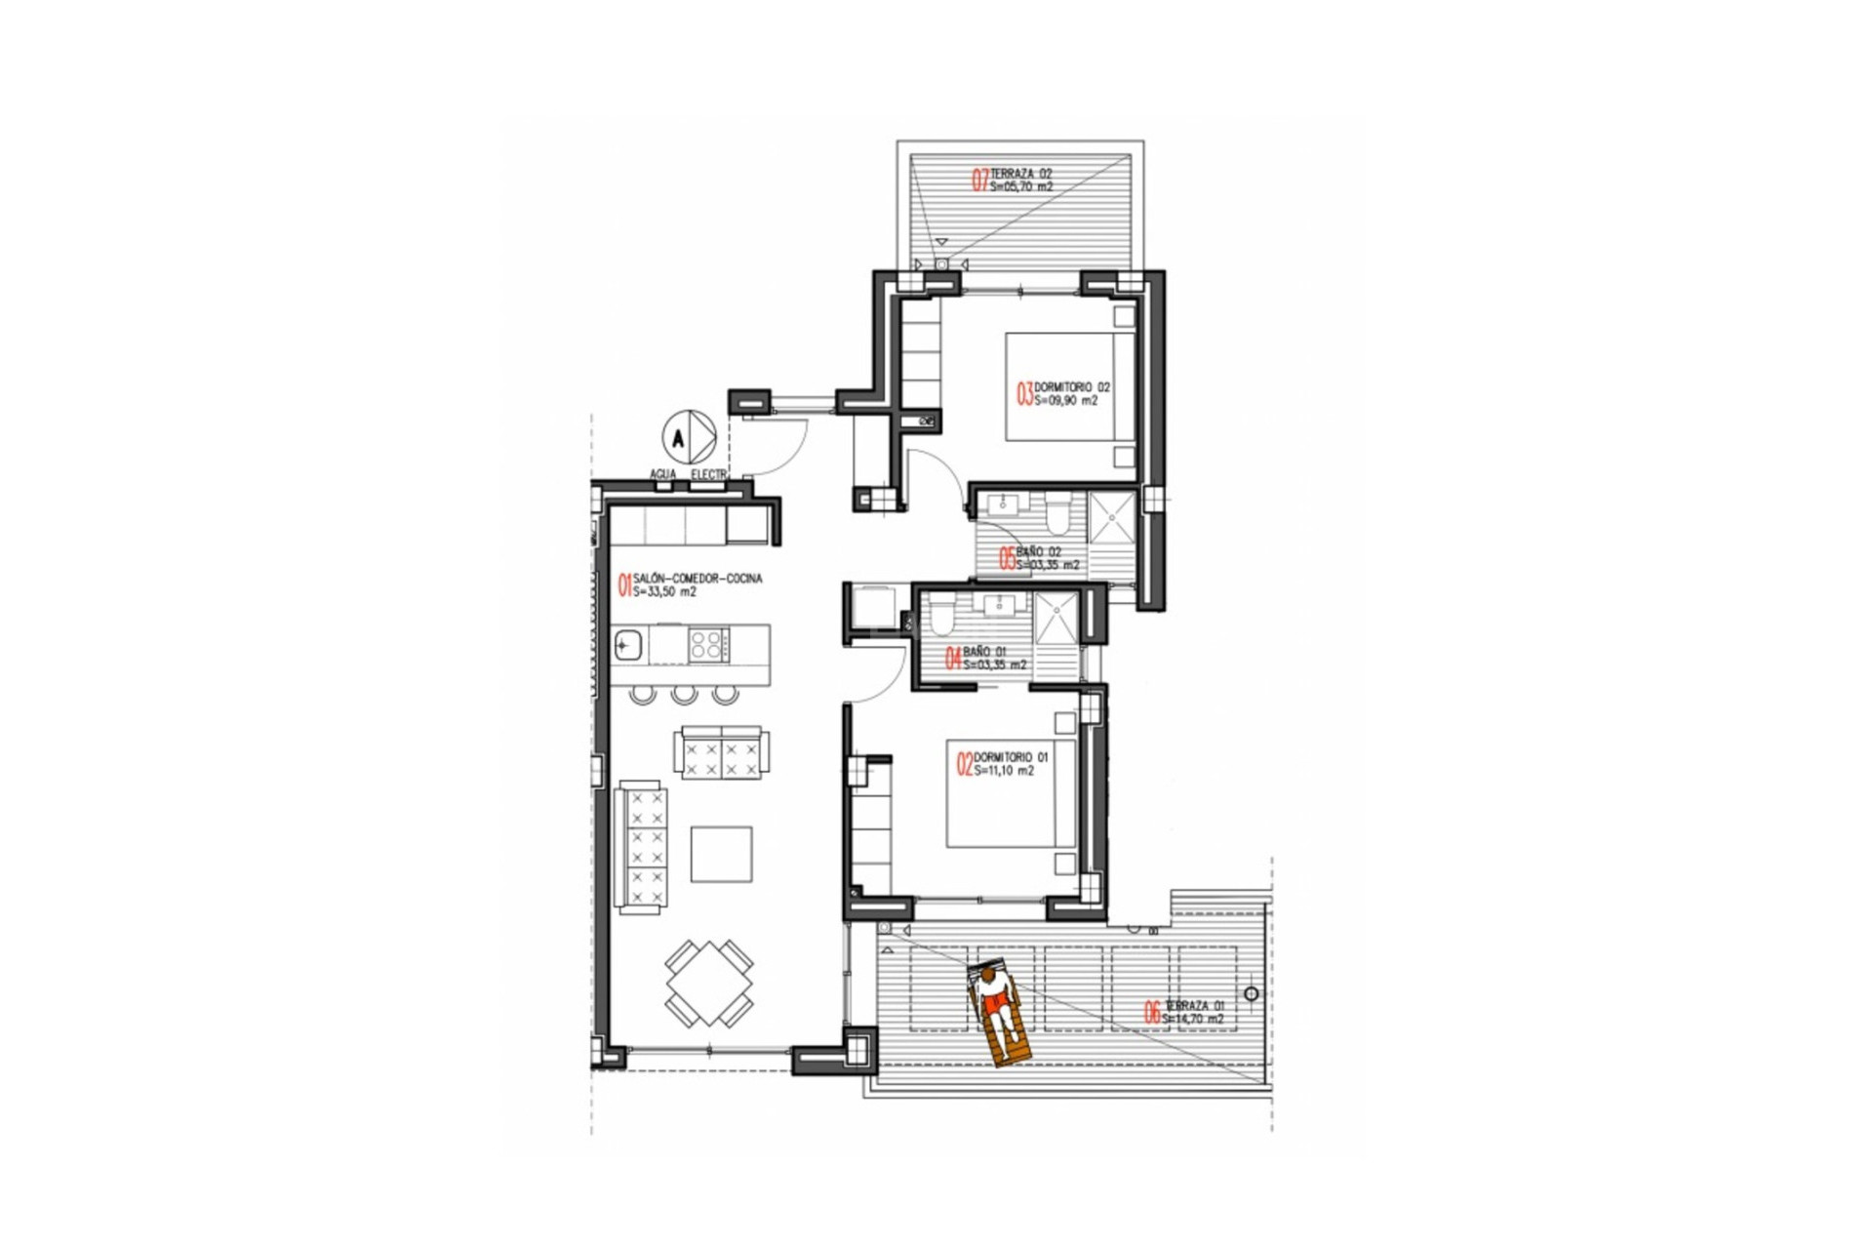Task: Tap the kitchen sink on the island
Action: click(x=627, y=645)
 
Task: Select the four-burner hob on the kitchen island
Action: click(x=708, y=645)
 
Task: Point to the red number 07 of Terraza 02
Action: click(x=979, y=180)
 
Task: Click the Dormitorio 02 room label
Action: click(x=1071, y=387)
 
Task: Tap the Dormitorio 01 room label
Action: click(x=1011, y=757)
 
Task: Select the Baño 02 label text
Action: click(x=1038, y=552)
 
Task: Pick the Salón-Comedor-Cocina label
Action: click(x=697, y=579)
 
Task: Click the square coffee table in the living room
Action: click(x=721, y=854)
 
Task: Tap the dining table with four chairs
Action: click(x=709, y=983)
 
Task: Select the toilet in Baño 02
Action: click(x=1057, y=512)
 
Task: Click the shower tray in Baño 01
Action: click(x=1056, y=617)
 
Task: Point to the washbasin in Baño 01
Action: click(x=998, y=606)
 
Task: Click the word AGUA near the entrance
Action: click(x=663, y=474)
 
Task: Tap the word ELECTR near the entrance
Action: click(x=709, y=474)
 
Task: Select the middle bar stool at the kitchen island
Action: click(x=684, y=695)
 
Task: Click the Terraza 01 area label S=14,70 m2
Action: click(x=1192, y=1019)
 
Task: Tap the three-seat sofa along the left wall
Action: click(x=642, y=847)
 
